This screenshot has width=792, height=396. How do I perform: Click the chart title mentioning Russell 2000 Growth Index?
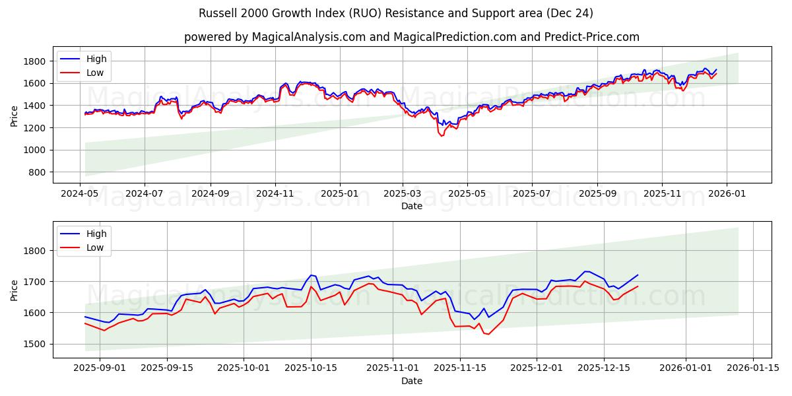[x=395, y=13]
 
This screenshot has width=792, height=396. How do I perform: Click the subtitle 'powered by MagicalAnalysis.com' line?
[x=411, y=37]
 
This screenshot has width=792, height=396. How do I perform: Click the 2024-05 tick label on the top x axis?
[x=81, y=194]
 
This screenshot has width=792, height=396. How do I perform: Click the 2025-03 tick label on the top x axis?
[x=403, y=194]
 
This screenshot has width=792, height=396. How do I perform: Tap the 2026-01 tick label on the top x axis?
[x=727, y=194]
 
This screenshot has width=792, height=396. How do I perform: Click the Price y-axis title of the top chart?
[x=15, y=115]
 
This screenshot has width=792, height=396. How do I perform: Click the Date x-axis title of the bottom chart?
[x=411, y=381]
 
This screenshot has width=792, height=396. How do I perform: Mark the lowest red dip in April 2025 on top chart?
[x=442, y=136]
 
